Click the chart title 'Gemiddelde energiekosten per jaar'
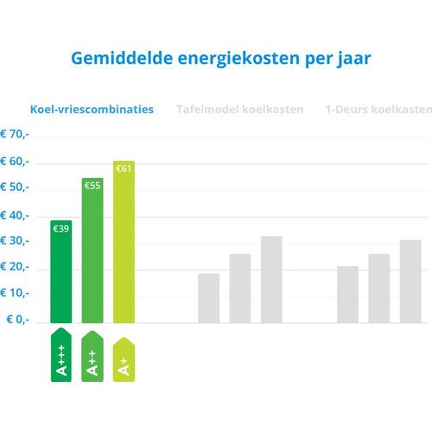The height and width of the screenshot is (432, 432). tap(221, 59)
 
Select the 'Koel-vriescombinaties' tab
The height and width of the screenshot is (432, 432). tap(92, 110)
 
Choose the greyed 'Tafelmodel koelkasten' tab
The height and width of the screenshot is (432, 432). tap(240, 110)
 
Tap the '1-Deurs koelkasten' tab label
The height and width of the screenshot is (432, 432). tap(378, 110)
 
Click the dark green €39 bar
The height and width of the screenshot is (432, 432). tap(61, 271)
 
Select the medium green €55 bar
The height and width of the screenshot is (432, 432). tap(92, 251)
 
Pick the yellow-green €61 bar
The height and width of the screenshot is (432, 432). tap(124, 242)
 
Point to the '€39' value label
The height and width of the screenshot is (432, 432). tap(61, 229)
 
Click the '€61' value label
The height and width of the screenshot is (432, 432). tap(124, 168)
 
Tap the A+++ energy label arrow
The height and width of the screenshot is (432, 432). tap(61, 355)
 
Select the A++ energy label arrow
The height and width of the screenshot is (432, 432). tap(92, 357)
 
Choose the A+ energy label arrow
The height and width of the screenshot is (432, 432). tap(124, 360)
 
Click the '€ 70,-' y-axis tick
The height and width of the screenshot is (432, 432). tap(15, 134)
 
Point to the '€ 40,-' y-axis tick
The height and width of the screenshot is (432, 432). tap(15, 215)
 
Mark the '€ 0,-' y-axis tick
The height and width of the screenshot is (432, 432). tap(18, 320)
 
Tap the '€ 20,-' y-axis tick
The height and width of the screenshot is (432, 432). tap(15, 267)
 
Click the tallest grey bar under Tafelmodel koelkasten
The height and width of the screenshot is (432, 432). tap(271, 280)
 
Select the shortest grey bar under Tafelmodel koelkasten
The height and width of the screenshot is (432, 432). tap(209, 298)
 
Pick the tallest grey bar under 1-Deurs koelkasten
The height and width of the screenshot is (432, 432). tap(410, 282)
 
